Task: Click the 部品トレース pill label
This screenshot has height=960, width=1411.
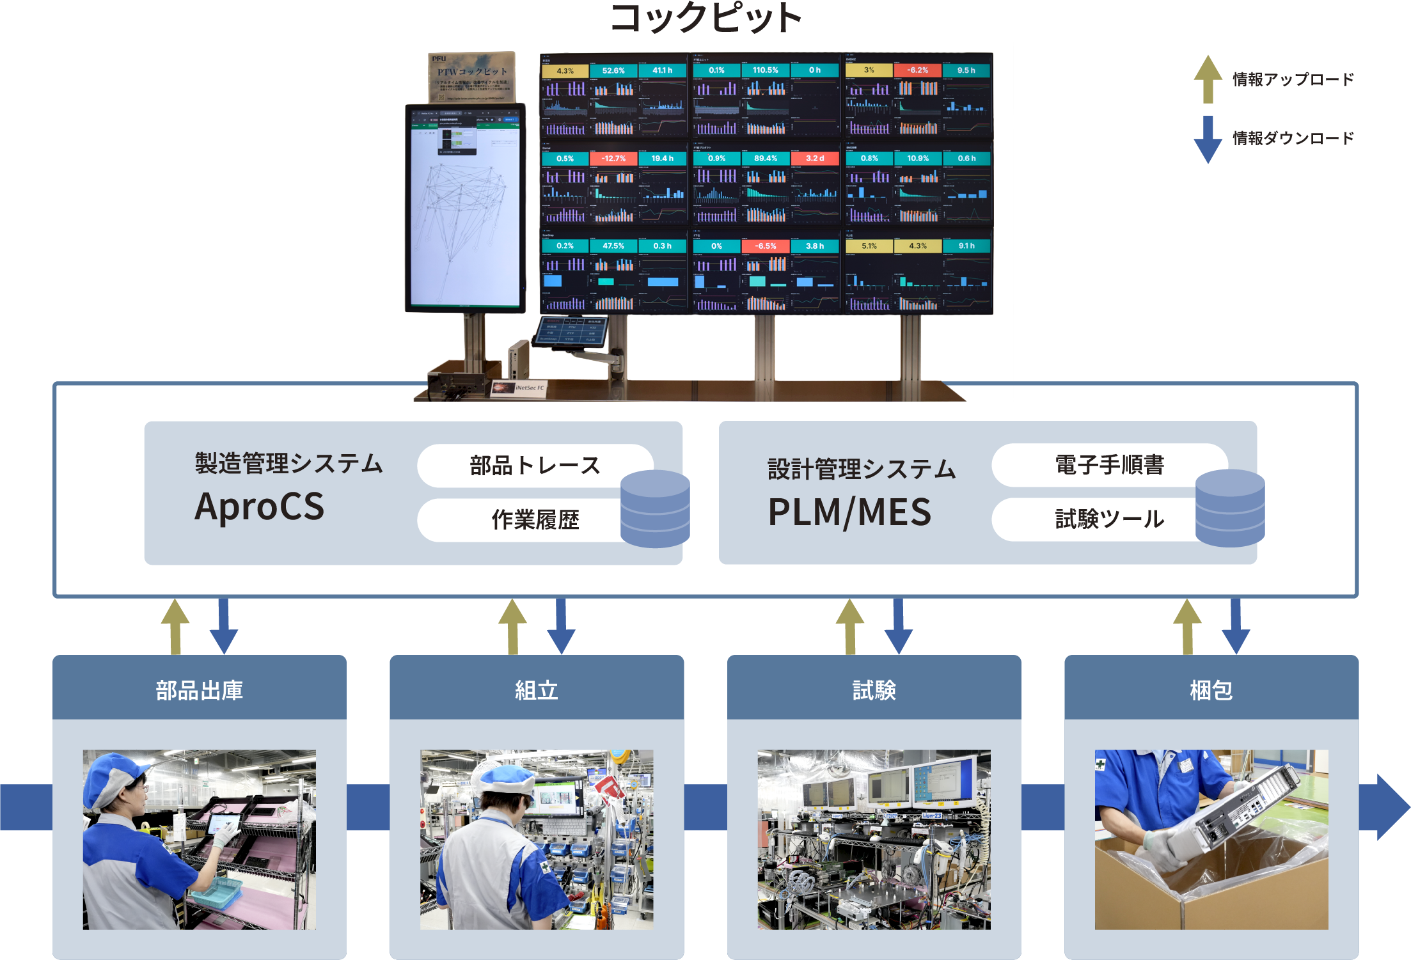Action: [x=535, y=466]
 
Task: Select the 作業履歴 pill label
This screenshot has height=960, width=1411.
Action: [x=535, y=520]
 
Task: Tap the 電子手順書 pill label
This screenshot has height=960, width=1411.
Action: [x=1109, y=465]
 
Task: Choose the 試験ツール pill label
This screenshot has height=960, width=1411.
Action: [x=1109, y=519]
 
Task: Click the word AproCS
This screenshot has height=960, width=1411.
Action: [x=259, y=507]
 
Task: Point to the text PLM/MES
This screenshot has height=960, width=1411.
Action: [x=849, y=512]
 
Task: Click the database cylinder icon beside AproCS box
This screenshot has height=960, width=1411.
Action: [x=655, y=509]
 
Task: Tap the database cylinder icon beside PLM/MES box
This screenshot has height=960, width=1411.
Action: [x=1229, y=508]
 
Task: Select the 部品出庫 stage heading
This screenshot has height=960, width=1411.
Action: [x=200, y=691]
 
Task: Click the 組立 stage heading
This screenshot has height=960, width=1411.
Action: [x=537, y=691]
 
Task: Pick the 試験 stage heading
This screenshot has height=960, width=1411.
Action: [x=874, y=691]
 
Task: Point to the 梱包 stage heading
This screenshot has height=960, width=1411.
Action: [x=1211, y=691]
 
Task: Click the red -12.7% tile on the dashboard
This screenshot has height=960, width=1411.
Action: [x=613, y=159]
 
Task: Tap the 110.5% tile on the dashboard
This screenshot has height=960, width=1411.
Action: [x=765, y=70]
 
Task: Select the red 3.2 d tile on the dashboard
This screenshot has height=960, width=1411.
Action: [x=814, y=158]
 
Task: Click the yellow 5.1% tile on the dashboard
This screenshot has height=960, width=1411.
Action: [x=869, y=246]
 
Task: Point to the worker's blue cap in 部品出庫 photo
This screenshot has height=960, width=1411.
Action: [x=112, y=774]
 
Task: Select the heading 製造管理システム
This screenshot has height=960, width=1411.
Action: [x=288, y=464]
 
